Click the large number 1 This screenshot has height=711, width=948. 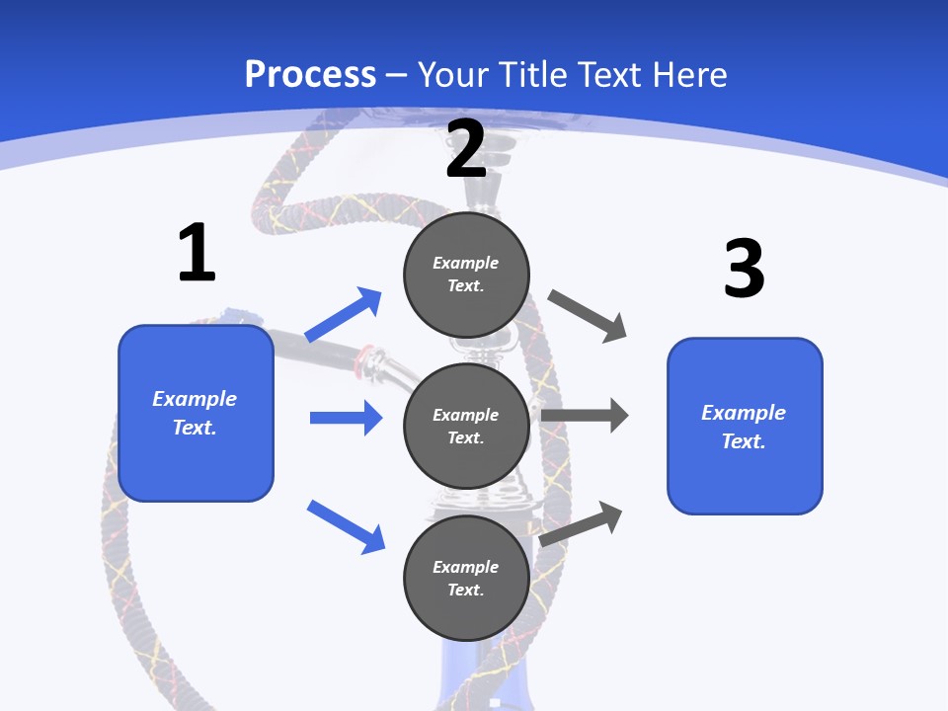pyautogui.click(x=197, y=253)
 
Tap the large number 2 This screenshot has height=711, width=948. pyautogui.click(x=466, y=149)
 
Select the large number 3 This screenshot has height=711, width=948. pyautogui.click(x=744, y=269)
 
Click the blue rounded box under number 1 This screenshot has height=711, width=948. pyautogui.click(x=196, y=413)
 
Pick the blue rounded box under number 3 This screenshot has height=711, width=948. pyautogui.click(x=745, y=426)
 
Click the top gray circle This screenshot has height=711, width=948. pyautogui.click(x=466, y=274)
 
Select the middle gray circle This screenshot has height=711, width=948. pyautogui.click(x=466, y=426)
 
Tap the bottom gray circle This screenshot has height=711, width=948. pyautogui.click(x=466, y=578)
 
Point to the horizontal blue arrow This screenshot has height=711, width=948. pyautogui.click(x=346, y=418)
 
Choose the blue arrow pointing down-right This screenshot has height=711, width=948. pyautogui.click(x=346, y=526)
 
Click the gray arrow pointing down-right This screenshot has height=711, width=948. pyautogui.click(x=588, y=316)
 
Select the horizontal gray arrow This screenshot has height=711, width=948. pyautogui.click(x=585, y=416)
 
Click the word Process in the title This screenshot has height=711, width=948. pyautogui.click(x=310, y=74)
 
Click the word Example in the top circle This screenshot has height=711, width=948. pyautogui.click(x=466, y=263)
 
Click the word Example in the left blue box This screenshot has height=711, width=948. pyautogui.click(x=195, y=399)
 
